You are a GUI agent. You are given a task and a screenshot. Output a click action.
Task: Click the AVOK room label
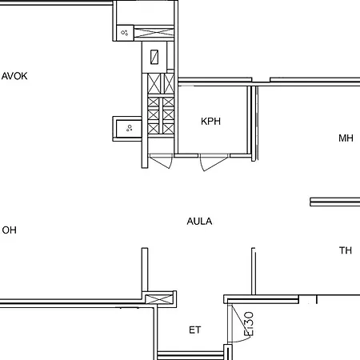(x=15, y=77)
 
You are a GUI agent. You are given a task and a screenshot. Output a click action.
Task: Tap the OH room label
(x=10, y=230)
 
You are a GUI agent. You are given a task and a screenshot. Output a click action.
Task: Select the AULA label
(x=199, y=222)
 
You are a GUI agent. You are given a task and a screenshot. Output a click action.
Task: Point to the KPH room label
(x=210, y=122)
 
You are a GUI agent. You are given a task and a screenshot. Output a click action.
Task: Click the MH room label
(x=346, y=138)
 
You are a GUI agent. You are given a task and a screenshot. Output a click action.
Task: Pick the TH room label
(x=346, y=251)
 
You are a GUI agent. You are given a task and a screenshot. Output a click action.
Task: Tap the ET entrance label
(x=194, y=330)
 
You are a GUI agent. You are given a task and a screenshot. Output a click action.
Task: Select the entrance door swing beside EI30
(x=234, y=324)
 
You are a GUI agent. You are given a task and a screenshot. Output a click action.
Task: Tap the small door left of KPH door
(x=162, y=161)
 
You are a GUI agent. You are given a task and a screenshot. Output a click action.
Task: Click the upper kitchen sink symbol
(x=126, y=32)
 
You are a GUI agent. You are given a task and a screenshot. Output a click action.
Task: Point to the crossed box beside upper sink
(x=154, y=32)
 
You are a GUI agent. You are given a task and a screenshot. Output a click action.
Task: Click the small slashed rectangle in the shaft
(x=154, y=57)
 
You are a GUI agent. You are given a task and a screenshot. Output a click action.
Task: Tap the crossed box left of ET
(x=161, y=298)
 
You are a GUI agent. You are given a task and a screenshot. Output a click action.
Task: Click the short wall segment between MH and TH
(x=334, y=201)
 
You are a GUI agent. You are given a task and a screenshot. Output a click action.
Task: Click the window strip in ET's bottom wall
(x=190, y=354)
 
